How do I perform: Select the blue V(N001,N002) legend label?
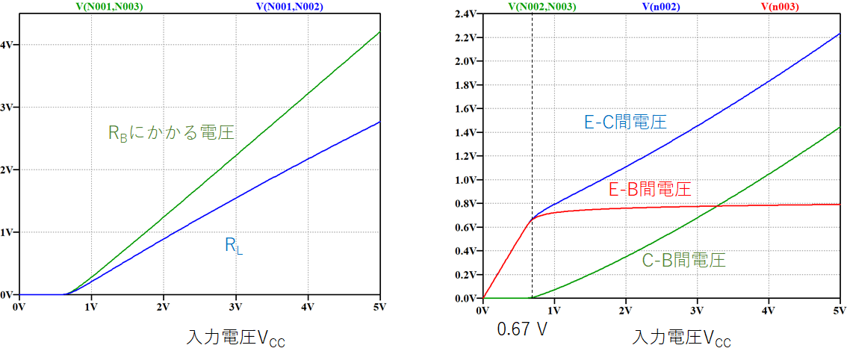tap(290, 7)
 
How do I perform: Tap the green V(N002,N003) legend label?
tap(542, 7)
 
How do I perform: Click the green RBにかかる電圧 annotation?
tap(172, 133)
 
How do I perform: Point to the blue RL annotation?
tap(234, 246)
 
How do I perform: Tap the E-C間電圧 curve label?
tap(626, 122)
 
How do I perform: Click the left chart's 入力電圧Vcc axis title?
tap(235, 338)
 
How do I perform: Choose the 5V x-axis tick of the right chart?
tap(839, 310)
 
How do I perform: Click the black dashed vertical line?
tap(532, 155)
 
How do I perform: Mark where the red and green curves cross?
tap(719, 205)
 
